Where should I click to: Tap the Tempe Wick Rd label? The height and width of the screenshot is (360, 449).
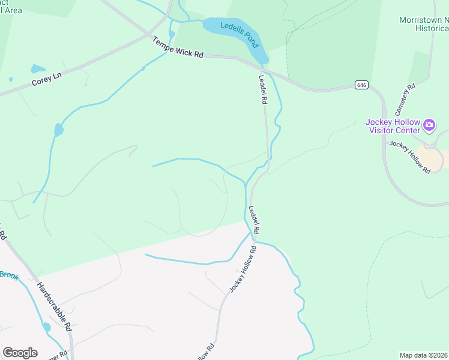tap(178, 47)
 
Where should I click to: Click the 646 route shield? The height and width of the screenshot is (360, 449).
tap(361, 85)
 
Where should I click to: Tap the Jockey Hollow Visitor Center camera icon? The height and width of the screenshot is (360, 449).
tap(429, 125)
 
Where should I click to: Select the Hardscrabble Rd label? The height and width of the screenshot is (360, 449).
tap(54, 307)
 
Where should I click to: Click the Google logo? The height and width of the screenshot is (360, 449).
tap(20, 353)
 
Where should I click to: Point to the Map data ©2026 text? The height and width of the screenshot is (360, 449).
tap(423, 355)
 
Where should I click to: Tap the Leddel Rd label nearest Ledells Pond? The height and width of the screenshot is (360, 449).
tap(262, 89)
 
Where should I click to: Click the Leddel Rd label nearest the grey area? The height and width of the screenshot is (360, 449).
tap(254, 220)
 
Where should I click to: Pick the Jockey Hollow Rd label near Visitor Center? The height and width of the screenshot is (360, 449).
tap(410, 157)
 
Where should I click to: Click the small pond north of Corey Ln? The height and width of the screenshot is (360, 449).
tap(37, 68)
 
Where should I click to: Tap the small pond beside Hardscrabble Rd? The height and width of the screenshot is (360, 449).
tap(46, 327)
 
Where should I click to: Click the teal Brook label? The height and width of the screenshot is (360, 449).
tap(9, 275)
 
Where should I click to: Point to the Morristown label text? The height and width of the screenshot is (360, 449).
tap(424, 20)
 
